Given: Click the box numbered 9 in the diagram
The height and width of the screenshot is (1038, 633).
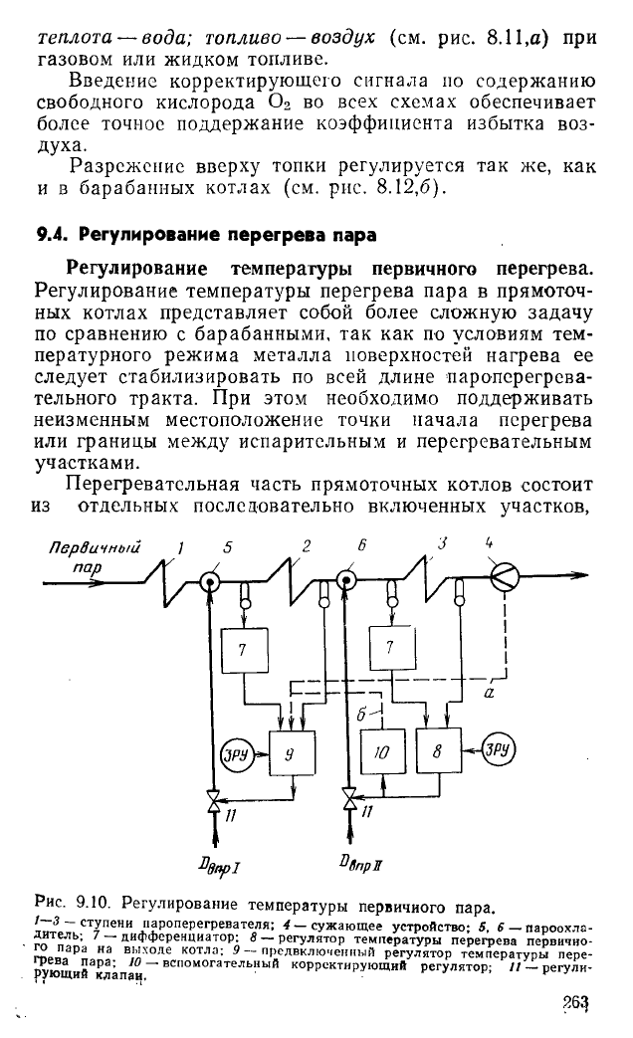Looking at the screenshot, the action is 292,752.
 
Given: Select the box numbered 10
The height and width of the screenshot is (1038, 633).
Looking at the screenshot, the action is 383,752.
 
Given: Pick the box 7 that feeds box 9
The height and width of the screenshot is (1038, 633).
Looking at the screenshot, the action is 244,650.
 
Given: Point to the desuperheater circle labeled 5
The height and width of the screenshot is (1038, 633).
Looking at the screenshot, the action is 211,582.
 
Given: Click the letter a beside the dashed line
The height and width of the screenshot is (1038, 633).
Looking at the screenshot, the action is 490,693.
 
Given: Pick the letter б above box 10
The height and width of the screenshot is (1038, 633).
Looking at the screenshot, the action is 361,715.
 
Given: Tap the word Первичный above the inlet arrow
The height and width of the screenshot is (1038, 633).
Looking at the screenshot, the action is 95,547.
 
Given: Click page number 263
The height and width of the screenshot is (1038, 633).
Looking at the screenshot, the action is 576,1002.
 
